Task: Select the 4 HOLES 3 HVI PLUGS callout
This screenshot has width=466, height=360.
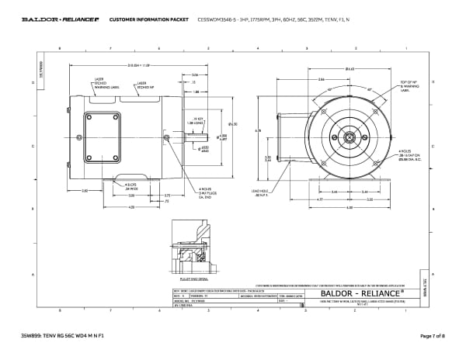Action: click(x=207, y=193)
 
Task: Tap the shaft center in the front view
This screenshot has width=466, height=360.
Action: click(x=346, y=138)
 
